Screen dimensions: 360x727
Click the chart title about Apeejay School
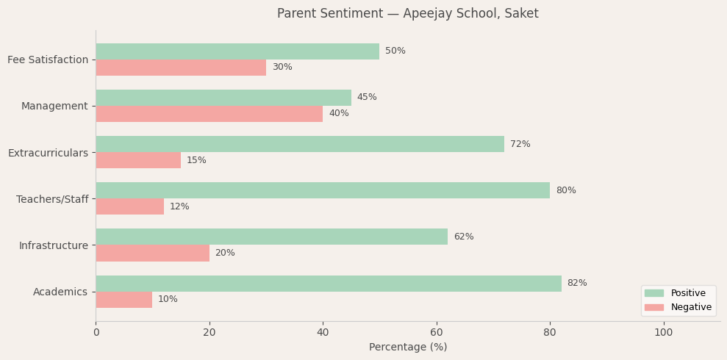click(407, 14)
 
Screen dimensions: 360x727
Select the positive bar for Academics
click(328, 284)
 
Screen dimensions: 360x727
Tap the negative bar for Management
click(209, 114)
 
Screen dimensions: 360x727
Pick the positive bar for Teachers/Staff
click(322, 190)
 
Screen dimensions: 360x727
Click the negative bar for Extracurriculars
click(138, 160)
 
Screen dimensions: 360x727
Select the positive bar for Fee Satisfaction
click(237, 51)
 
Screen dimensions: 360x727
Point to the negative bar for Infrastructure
click(152, 253)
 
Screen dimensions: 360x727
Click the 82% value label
click(577, 284)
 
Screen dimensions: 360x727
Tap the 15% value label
click(196, 160)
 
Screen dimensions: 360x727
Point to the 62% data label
click(463, 237)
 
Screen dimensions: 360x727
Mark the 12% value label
click(179, 206)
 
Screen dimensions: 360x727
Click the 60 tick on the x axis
click(437, 333)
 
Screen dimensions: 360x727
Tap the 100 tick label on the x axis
click(663, 333)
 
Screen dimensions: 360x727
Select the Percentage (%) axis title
click(407, 348)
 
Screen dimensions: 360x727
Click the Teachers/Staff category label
click(52, 199)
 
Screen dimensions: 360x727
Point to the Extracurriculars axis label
click(48, 153)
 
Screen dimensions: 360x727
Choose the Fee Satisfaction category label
click(48, 60)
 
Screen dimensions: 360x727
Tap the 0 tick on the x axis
click(96, 333)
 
